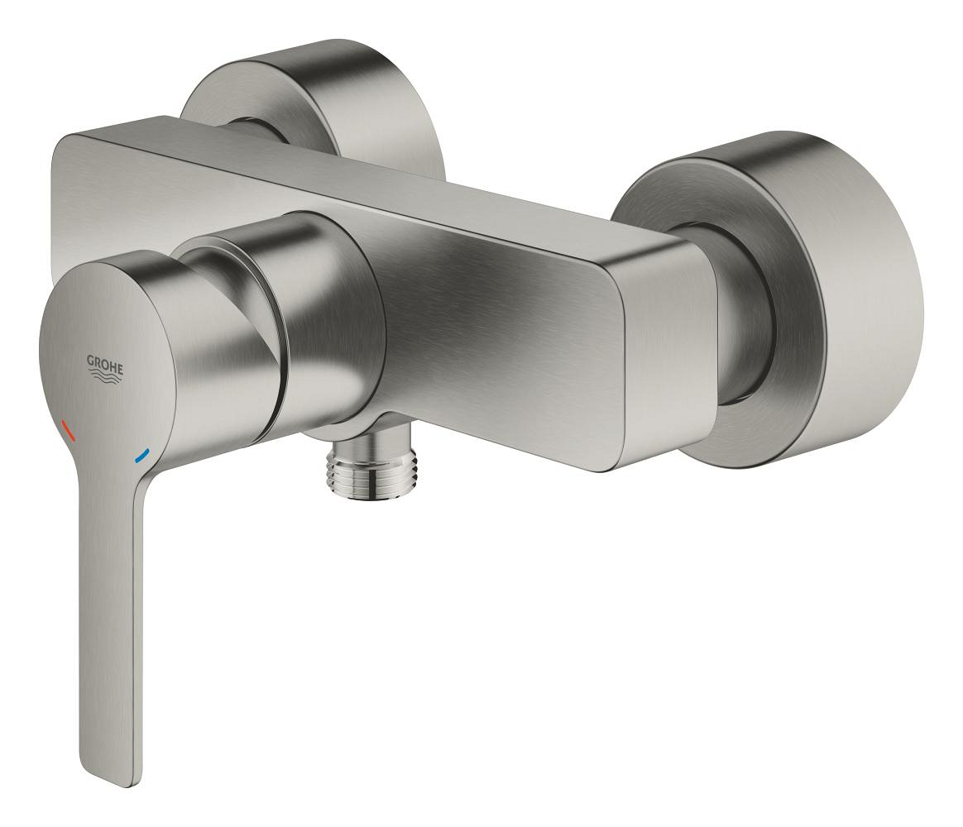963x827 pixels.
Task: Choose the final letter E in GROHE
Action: point(120,370)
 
